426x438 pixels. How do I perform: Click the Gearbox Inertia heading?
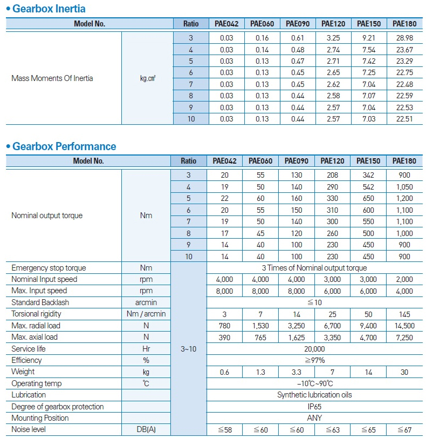(49, 9)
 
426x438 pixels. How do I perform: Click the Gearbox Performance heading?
(64, 146)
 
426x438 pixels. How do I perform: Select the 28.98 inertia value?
(404, 38)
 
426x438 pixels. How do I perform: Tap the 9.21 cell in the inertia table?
(368, 38)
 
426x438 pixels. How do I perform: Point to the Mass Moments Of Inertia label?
(52, 78)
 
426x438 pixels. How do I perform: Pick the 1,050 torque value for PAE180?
(404, 186)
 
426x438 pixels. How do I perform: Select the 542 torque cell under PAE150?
(368, 186)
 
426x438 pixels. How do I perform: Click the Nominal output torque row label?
(47, 215)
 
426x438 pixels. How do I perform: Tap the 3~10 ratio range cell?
(188, 349)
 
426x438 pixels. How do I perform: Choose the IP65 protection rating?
(314, 407)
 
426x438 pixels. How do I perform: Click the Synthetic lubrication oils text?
(314, 395)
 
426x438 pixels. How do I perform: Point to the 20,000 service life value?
(314, 349)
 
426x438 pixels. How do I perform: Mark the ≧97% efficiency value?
(314, 360)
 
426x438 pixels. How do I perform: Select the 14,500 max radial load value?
(404, 326)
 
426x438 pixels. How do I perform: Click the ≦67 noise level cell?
(404, 429)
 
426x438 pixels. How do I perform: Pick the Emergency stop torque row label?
(49, 268)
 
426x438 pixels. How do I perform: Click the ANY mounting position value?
(314, 418)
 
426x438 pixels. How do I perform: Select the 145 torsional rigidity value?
(404, 314)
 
